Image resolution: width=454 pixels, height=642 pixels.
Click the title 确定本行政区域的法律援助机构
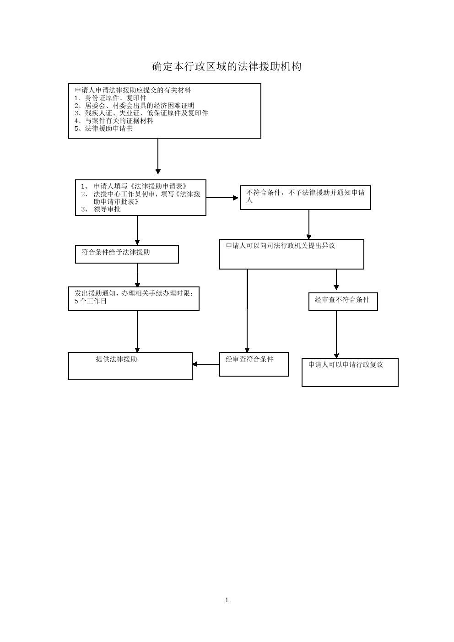tap(227, 66)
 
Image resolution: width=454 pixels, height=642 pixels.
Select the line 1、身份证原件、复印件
tap(110, 98)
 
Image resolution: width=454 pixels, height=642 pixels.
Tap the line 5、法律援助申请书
tap(103, 129)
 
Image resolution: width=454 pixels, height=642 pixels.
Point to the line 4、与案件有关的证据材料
tap(114, 121)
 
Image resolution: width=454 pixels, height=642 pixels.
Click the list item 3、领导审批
tap(101, 209)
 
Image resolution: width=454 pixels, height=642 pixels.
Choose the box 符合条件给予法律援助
tap(127, 254)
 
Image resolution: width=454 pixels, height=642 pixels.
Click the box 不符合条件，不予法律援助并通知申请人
tap(305, 198)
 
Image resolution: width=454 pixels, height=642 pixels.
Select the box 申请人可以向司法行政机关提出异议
tap(292, 254)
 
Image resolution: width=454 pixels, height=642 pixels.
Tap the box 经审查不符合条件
tap(343, 302)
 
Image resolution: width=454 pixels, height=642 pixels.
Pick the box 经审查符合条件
tap(254, 364)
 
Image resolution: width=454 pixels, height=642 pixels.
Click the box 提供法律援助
tap(130, 366)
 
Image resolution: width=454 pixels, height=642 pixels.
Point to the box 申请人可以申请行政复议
tap(350, 372)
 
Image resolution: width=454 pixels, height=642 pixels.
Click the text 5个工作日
tap(91, 301)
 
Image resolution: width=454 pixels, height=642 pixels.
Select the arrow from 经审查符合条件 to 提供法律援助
tap(206, 364)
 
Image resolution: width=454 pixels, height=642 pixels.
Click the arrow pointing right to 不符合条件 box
tap(222, 198)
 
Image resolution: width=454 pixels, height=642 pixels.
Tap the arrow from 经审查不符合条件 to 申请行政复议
tap(336, 334)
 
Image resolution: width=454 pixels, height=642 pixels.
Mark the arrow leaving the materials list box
tap(157, 156)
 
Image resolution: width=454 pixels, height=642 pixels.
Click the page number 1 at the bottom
tap(227, 600)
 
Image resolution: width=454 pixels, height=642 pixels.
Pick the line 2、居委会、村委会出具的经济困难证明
tap(134, 106)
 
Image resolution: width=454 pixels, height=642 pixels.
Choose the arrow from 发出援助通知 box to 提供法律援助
tap(137, 331)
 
